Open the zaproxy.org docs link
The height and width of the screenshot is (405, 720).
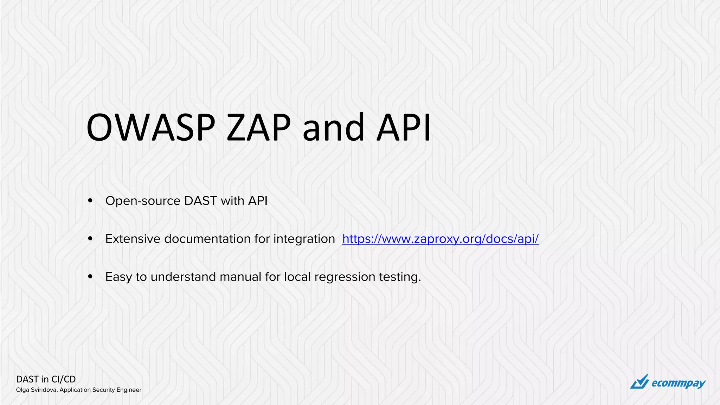pos(440,239)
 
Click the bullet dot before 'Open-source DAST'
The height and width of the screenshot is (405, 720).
pos(90,201)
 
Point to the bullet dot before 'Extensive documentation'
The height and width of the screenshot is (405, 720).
pos(90,239)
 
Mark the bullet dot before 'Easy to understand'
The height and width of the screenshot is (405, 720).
pos(90,277)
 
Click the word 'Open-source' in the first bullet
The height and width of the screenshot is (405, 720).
pos(143,201)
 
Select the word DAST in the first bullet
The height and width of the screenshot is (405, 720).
pos(200,201)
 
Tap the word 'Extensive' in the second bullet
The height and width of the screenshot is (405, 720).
pos(133,239)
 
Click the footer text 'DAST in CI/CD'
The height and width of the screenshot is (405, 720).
pos(46,379)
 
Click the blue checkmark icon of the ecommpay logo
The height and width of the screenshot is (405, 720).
pos(639,382)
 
